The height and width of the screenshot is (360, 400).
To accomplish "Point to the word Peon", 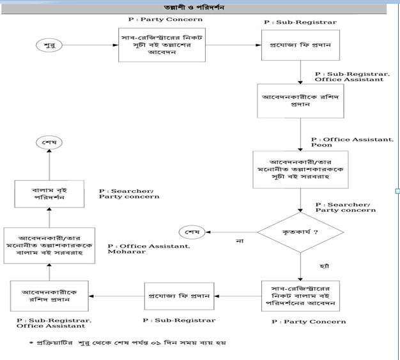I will (323, 146).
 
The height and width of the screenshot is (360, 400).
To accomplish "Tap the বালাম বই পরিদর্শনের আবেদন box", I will (299, 295).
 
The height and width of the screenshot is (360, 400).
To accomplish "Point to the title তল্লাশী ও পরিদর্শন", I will (199, 7).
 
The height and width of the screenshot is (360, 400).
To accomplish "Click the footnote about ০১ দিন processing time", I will (127, 343).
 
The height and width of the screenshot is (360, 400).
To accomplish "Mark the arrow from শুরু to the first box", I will (87, 45).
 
